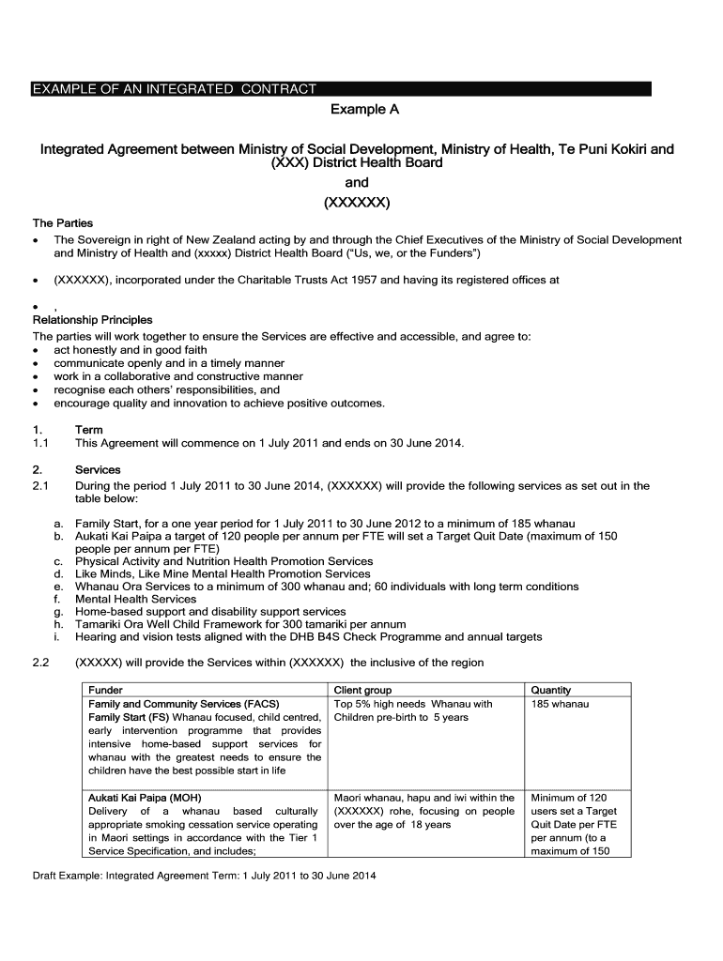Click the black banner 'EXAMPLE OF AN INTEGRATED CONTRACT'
[x=175, y=89]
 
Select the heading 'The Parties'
[x=63, y=223]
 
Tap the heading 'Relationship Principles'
[x=92, y=320]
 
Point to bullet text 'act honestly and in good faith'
[x=131, y=350]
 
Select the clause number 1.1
[x=40, y=443]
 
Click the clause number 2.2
[x=40, y=663]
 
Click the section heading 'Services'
[x=98, y=470]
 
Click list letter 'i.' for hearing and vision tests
[x=57, y=637]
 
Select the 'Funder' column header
[x=105, y=690]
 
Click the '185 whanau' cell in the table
[x=560, y=704]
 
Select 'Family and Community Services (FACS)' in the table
[x=183, y=704]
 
